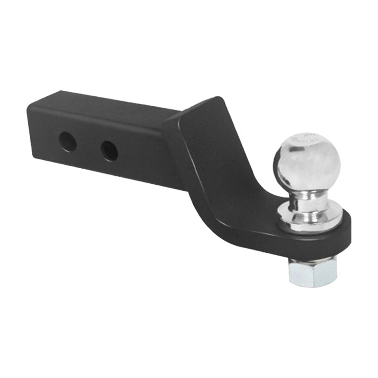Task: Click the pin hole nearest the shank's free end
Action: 68,141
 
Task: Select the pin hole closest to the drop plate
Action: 109,151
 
